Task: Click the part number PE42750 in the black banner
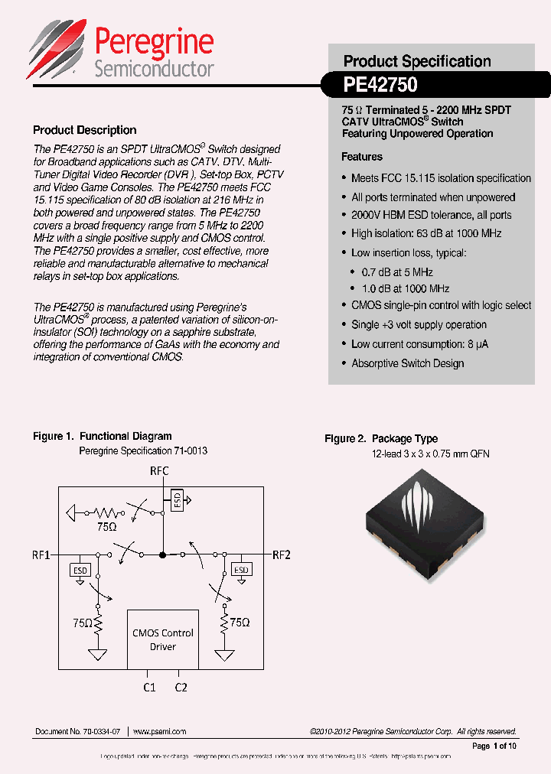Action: (x=380, y=82)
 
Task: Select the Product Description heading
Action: (x=85, y=130)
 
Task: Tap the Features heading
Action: (x=361, y=157)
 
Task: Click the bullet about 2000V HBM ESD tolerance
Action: (x=431, y=215)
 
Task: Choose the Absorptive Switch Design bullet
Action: (x=407, y=363)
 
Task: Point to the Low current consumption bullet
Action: (x=419, y=344)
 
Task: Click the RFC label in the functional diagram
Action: (x=160, y=471)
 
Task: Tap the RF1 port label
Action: (x=41, y=554)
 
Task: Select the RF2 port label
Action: (x=282, y=554)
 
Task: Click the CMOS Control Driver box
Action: (x=163, y=639)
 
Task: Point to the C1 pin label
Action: (x=149, y=688)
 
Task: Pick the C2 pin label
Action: (x=181, y=688)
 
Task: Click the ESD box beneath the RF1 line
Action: (x=80, y=570)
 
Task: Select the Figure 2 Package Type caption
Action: (x=381, y=439)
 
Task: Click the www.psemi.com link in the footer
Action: (x=159, y=732)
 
